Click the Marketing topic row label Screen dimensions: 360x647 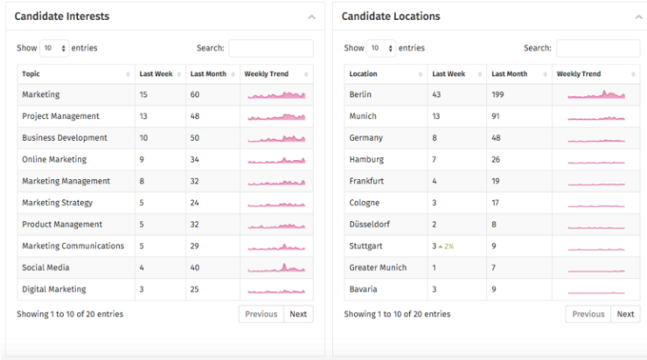tap(40, 94)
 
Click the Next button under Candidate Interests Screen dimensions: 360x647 tap(298, 314)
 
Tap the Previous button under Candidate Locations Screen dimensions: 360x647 tap(588, 314)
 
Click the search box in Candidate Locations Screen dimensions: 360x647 tap(597, 48)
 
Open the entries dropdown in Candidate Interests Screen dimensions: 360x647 tap(53, 48)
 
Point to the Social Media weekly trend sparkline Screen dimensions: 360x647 tap(276, 267)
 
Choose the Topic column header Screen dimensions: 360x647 tap(31, 74)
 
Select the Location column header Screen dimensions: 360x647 tap(363, 74)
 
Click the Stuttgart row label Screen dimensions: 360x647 tap(365, 246)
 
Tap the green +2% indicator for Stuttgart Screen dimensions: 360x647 tap(447, 247)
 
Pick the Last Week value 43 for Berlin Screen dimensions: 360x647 tap(437, 94)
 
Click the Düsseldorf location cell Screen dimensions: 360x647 tap(368, 225)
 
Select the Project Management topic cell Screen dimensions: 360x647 tap(60, 116)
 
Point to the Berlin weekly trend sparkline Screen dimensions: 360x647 tap(596, 94)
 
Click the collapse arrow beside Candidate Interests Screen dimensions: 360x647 tap(312, 17)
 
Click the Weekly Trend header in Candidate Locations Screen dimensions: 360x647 tap(579, 74)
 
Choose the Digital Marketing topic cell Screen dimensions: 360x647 tap(54, 289)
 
